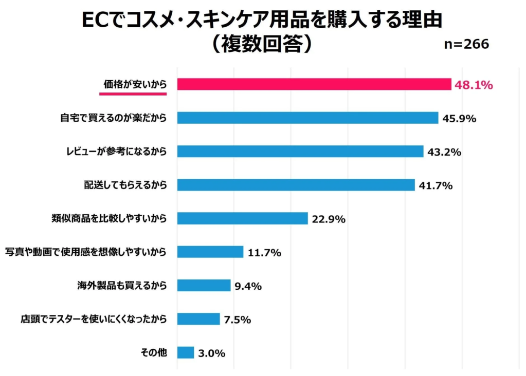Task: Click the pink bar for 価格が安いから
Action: click(314, 84)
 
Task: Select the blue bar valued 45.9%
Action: click(307, 118)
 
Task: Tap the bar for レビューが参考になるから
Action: click(300, 152)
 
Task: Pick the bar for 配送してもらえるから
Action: click(296, 185)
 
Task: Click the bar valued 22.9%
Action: click(242, 218)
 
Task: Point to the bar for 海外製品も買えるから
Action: click(204, 286)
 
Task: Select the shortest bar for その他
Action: click(186, 352)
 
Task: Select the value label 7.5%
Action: click(237, 319)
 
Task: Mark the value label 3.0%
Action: click(211, 353)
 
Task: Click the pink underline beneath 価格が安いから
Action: click(133, 94)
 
